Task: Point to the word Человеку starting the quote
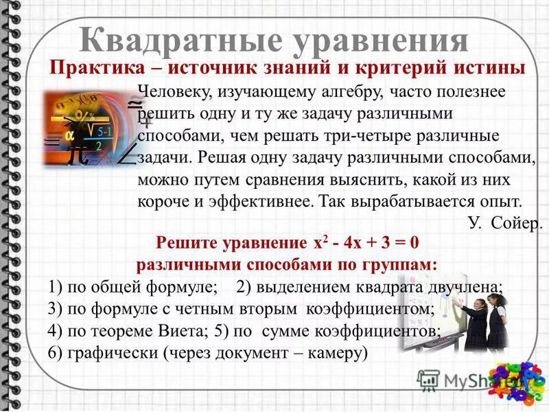174,91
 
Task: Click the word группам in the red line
402,264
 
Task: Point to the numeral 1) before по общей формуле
58,286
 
